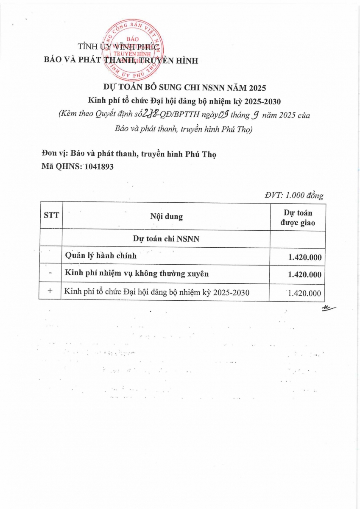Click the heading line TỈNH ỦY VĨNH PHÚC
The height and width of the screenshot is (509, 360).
[x=118, y=48]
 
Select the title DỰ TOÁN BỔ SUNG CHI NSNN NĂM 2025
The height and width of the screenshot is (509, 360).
[x=185, y=88]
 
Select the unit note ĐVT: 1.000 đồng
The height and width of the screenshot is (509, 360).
[x=294, y=196]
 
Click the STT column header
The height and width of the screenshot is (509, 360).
[x=51, y=215]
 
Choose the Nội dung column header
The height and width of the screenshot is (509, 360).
[x=166, y=216]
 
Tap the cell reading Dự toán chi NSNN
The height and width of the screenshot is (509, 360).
[x=166, y=239]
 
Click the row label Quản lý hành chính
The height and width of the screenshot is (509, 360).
[x=100, y=256]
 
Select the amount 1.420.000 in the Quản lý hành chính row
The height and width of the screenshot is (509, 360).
[x=304, y=257]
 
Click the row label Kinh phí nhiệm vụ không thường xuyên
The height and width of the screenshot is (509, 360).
[x=137, y=274]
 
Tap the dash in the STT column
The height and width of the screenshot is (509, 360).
[x=50, y=274]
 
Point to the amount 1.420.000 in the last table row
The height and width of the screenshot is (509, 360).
[x=304, y=293]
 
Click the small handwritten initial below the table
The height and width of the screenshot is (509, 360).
[x=328, y=308]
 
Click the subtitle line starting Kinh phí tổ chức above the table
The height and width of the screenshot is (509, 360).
[x=184, y=101]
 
